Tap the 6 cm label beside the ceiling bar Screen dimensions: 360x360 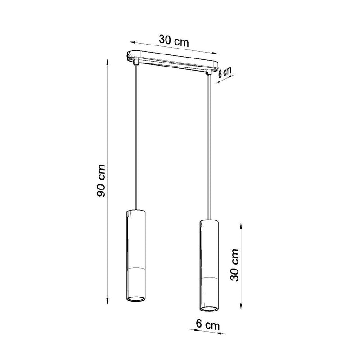pos(225,73)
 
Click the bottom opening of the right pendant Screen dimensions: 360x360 pos(208,309)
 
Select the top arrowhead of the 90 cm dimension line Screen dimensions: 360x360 pos(107,61)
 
